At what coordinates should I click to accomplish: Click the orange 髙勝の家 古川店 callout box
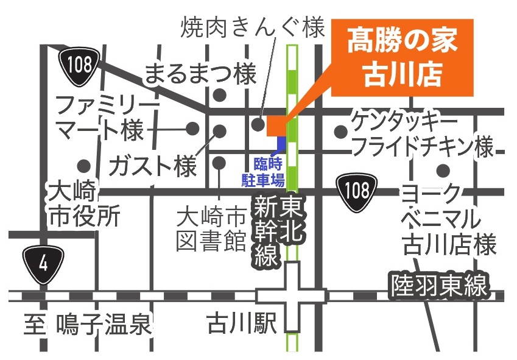point(402,58)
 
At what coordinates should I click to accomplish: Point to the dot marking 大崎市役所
point(83,165)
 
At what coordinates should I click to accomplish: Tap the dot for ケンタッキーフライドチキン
point(340,131)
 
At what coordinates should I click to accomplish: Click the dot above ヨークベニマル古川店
point(443,170)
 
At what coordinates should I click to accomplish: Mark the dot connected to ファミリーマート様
point(192,128)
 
